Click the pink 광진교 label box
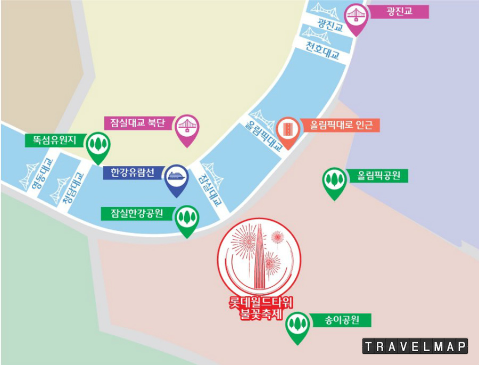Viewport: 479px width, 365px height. [399, 11]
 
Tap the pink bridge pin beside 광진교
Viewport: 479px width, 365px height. [356, 16]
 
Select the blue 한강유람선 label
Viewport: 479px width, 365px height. [134, 172]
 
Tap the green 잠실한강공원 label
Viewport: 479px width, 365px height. [137, 214]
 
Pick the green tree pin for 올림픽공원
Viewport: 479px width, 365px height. [335, 180]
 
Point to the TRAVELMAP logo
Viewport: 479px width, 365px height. [415, 346]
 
